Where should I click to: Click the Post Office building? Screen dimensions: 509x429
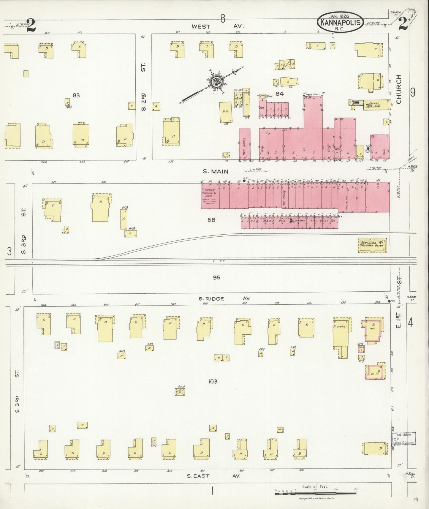[x=245, y=144]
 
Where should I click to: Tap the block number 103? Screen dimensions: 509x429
[x=213, y=381]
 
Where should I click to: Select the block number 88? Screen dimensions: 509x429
[x=211, y=220]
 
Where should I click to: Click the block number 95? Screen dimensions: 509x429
[x=216, y=278]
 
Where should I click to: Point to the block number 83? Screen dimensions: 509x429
[x=76, y=95]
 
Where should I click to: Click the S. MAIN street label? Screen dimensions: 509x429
[x=216, y=171]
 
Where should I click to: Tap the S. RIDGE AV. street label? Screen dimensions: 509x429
[x=224, y=298]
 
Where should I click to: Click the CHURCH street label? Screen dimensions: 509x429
[x=399, y=89]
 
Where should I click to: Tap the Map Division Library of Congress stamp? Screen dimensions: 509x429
[x=403, y=438]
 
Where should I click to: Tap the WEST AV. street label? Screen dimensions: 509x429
[x=218, y=26]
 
